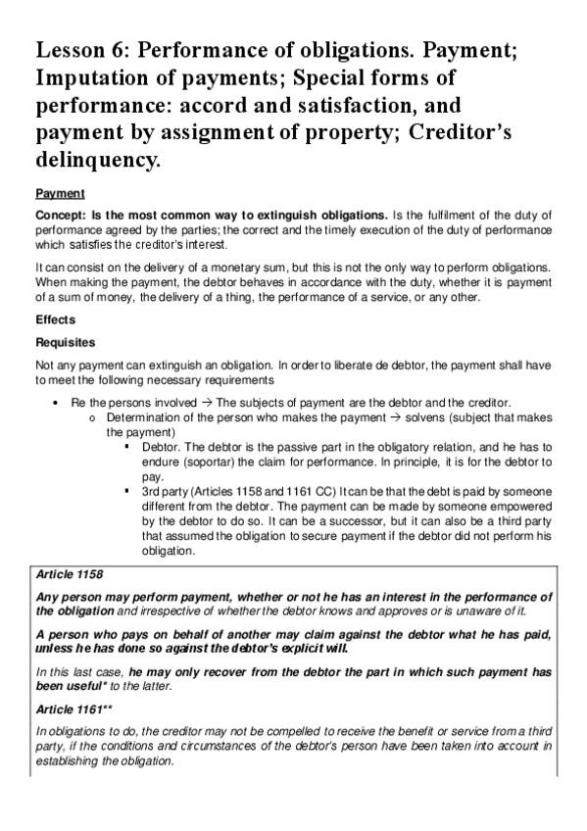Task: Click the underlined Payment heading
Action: (x=60, y=193)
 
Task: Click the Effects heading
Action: (x=56, y=318)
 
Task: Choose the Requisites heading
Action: (x=66, y=343)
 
